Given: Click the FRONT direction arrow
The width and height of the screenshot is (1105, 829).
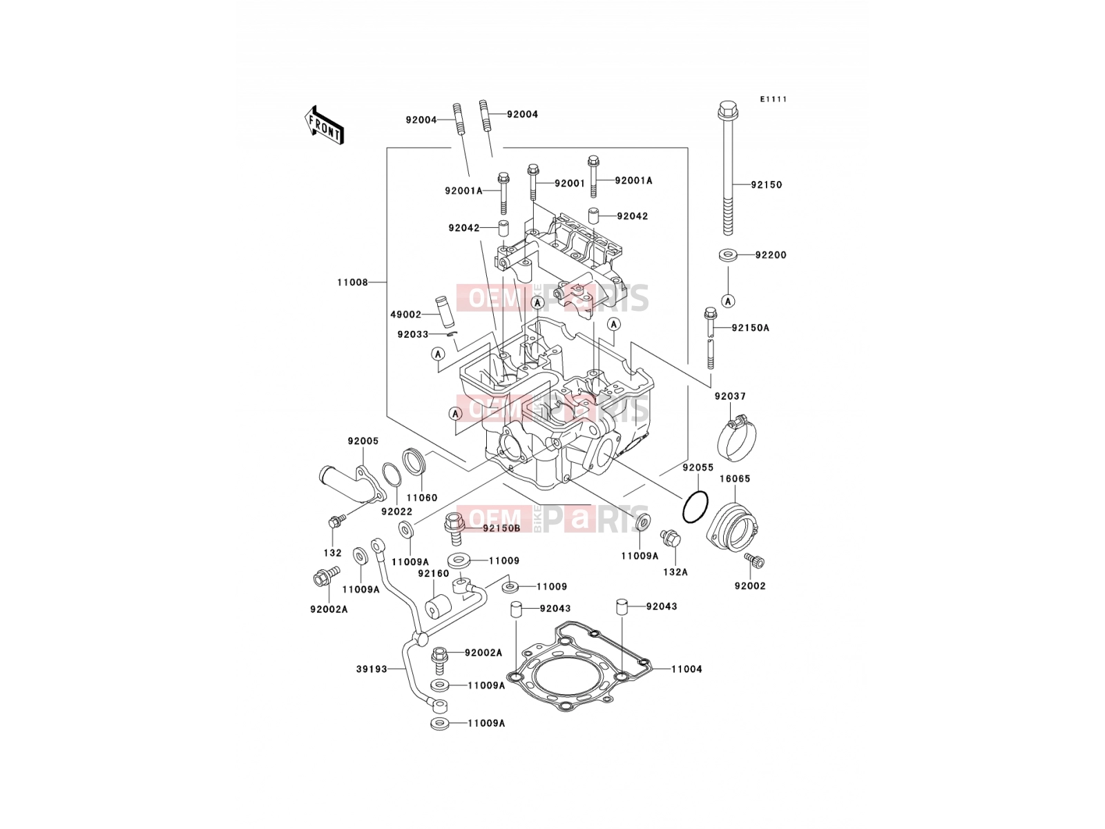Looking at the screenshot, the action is coord(324,125).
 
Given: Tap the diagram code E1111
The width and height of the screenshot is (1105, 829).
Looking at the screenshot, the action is coord(773,99).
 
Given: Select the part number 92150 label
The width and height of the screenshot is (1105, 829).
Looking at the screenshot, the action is coord(767,184).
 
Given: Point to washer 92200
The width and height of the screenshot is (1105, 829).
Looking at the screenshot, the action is coord(729,255).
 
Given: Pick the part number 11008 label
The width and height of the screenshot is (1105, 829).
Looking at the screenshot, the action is coord(352,283).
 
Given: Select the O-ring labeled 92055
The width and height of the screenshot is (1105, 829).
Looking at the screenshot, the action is coord(695,507).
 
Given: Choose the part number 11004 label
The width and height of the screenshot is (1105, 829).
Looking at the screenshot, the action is coord(686,669).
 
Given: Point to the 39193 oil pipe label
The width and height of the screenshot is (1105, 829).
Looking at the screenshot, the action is coord(372,669).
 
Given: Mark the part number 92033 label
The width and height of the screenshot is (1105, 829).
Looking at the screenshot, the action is coord(413,335).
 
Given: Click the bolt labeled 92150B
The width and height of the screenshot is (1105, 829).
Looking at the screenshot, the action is coord(454,528).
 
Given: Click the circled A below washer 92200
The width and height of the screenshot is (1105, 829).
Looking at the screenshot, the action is coord(728,301).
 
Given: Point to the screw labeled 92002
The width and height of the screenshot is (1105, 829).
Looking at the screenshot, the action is coord(754,560).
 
